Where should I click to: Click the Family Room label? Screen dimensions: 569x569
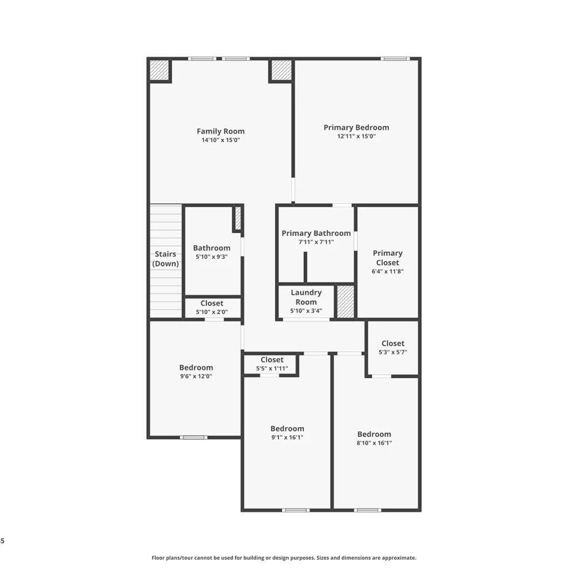click(x=221, y=131)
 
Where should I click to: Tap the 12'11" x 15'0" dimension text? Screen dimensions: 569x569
click(x=356, y=137)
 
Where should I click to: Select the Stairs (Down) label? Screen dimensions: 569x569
click(x=166, y=259)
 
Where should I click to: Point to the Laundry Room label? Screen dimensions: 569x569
click(x=306, y=297)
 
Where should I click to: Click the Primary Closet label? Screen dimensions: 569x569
click(x=387, y=258)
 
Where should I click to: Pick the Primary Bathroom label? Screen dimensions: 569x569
click(x=316, y=233)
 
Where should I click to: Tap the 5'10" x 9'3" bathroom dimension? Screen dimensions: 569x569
click(x=212, y=257)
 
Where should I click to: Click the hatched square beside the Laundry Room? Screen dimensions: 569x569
click(x=346, y=302)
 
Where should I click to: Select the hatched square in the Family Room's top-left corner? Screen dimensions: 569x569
click(x=159, y=70)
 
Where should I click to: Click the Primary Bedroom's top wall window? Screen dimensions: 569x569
click(x=395, y=59)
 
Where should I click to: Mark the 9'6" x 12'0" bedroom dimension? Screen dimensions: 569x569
click(x=196, y=376)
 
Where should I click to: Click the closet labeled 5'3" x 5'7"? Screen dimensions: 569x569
click(x=393, y=347)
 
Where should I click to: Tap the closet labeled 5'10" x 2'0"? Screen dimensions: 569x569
click(x=212, y=308)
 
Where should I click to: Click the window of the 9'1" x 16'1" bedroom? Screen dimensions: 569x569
click(x=296, y=510)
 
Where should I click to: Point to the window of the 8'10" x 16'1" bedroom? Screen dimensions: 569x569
click(x=368, y=510)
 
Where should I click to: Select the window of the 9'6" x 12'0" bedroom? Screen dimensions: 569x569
click(x=194, y=437)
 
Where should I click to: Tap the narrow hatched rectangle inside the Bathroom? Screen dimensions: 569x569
click(x=238, y=218)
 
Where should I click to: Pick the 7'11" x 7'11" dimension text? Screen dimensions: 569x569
click(x=316, y=242)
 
